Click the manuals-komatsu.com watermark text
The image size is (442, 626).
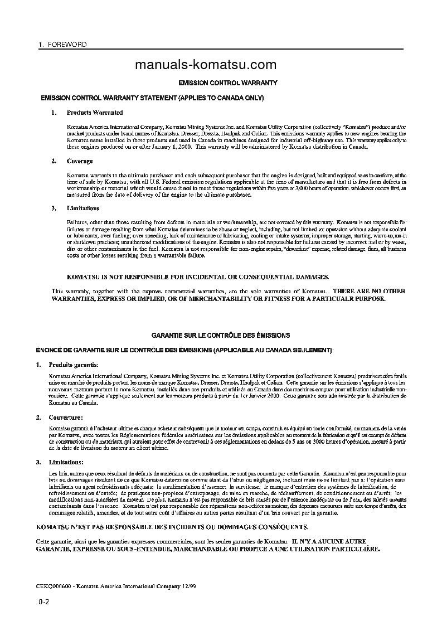click(206, 65)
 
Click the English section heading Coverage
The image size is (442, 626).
click(80, 161)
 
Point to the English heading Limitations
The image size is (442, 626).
click(83, 208)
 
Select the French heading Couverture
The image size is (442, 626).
click(66, 417)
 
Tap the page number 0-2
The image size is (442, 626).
click(44, 602)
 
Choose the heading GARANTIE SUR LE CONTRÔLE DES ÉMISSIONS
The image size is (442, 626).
click(221, 336)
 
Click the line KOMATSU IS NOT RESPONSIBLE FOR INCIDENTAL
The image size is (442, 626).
click(198, 276)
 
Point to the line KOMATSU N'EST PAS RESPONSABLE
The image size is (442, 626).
click(172, 526)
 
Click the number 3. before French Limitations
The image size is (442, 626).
click(38, 462)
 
